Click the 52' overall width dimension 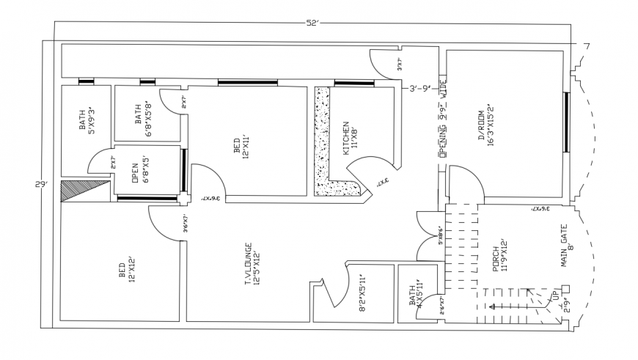pos(312,23)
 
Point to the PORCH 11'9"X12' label pos(500,254)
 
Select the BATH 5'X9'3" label pos(87,120)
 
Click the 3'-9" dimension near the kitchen pos(423,89)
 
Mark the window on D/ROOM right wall pos(566,122)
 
